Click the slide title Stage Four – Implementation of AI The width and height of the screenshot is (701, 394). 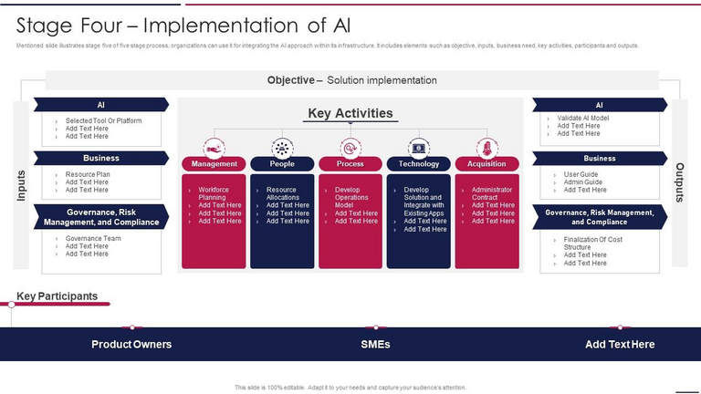(183, 24)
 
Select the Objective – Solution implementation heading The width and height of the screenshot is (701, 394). (351, 80)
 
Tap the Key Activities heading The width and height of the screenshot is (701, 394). (350, 113)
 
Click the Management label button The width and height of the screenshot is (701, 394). (214, 164)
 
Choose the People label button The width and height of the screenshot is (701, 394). (282, 164)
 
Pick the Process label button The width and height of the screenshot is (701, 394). (350, 164)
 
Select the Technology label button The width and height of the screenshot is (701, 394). (419, 164)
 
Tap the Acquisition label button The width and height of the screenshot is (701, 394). (487, 164)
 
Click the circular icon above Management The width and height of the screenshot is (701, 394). (214, 148)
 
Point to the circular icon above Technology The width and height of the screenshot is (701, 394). (419, 148)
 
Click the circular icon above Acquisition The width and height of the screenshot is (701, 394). (487, 148)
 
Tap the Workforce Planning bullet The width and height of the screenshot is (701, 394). (212, 193)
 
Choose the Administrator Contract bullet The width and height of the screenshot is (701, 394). (491, 193)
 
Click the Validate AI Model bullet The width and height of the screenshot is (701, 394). (582, 119)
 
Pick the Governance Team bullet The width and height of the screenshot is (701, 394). (92, 239)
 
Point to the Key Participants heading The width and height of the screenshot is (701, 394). (57, 296)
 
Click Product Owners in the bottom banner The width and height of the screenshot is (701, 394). (131, 344)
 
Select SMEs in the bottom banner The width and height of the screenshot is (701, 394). (375, 344)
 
